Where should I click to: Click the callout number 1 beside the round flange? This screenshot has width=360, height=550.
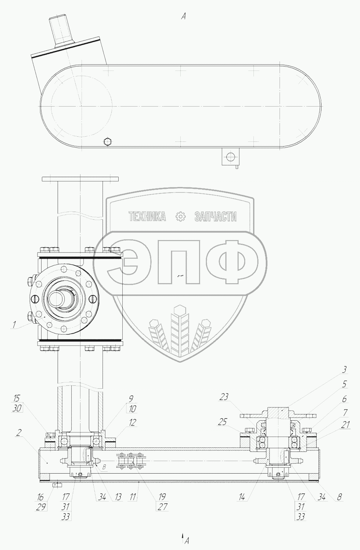pyautogui.click(x=14, y=324)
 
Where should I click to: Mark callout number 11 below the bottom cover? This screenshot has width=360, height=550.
pyautogui.click(x=133, y=497)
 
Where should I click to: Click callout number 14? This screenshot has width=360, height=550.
pyautogui.click(x=242, y=497)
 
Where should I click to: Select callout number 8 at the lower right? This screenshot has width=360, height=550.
pyautogui.click(x=339, y=497)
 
